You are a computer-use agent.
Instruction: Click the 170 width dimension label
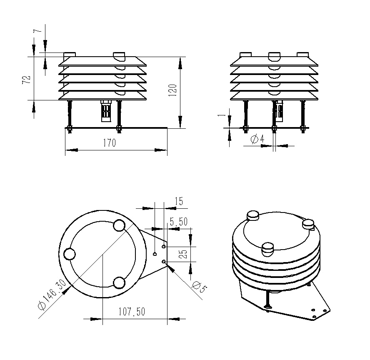click(109, 143)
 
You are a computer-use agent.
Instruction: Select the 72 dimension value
click(26, 80)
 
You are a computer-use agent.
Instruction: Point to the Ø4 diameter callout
click(257, 139)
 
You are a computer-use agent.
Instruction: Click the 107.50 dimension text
click(132, 312)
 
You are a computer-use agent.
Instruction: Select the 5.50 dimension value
click(178, 222)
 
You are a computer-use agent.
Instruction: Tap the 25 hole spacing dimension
click(183, 253)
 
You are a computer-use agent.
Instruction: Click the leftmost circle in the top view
click(69, 254)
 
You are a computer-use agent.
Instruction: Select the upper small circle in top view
click(120, 225)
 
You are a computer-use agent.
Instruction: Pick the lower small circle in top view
click(119, 282)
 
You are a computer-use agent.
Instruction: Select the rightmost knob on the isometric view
click(308, 224)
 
